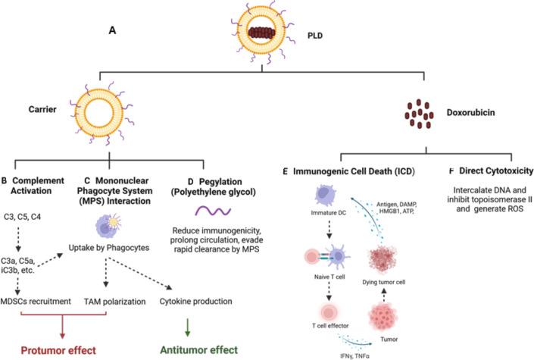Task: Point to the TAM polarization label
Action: click(x=123, y=301)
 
